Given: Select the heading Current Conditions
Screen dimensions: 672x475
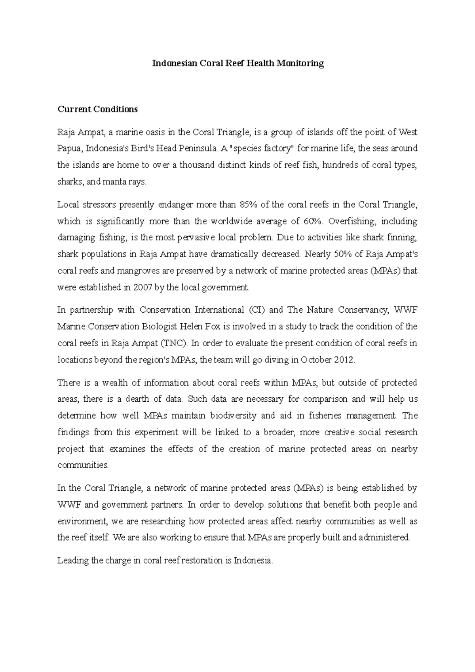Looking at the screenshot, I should (x=97, y=109).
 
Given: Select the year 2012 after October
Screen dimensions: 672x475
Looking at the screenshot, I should (x=345, y=360).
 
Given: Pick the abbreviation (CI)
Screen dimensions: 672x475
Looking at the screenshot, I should (x=257, y=310).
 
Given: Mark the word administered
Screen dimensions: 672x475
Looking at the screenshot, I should (x=385, y=538).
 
